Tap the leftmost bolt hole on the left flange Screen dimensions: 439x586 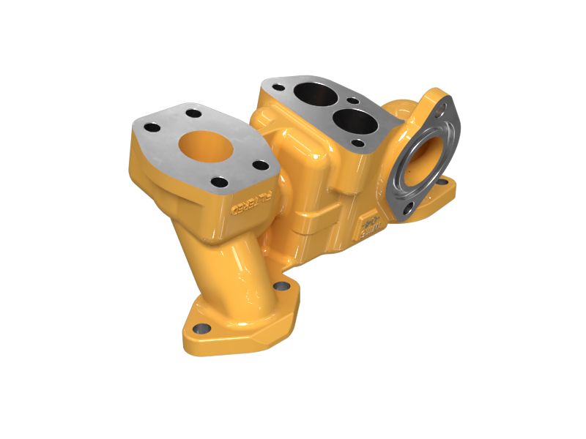coord(152,127)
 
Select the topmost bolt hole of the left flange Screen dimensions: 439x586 coord(193,113)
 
